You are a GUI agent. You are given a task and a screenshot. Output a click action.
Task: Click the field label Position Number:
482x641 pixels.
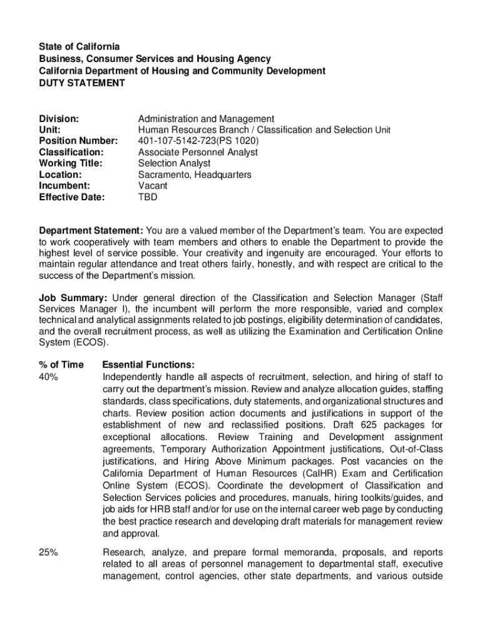(78, 141)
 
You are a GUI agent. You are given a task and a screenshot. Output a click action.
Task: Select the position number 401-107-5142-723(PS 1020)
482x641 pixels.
(198, 141)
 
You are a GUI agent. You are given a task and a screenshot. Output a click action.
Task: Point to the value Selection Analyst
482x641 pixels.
(174, 163)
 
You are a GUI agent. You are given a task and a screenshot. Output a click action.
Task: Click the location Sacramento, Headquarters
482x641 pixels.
(195, 175)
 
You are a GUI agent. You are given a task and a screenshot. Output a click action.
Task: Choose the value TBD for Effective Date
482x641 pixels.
(148, 197)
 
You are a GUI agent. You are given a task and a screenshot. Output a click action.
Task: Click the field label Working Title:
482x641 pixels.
(71, 163)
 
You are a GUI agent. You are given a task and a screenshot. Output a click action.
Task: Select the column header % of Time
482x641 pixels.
(61, 365)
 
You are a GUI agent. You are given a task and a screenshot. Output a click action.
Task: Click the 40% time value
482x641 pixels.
(49, 377)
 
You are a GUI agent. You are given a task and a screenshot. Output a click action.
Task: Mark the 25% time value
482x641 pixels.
(49, 553)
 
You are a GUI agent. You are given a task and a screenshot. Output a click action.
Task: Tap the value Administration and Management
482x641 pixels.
(206, 118)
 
